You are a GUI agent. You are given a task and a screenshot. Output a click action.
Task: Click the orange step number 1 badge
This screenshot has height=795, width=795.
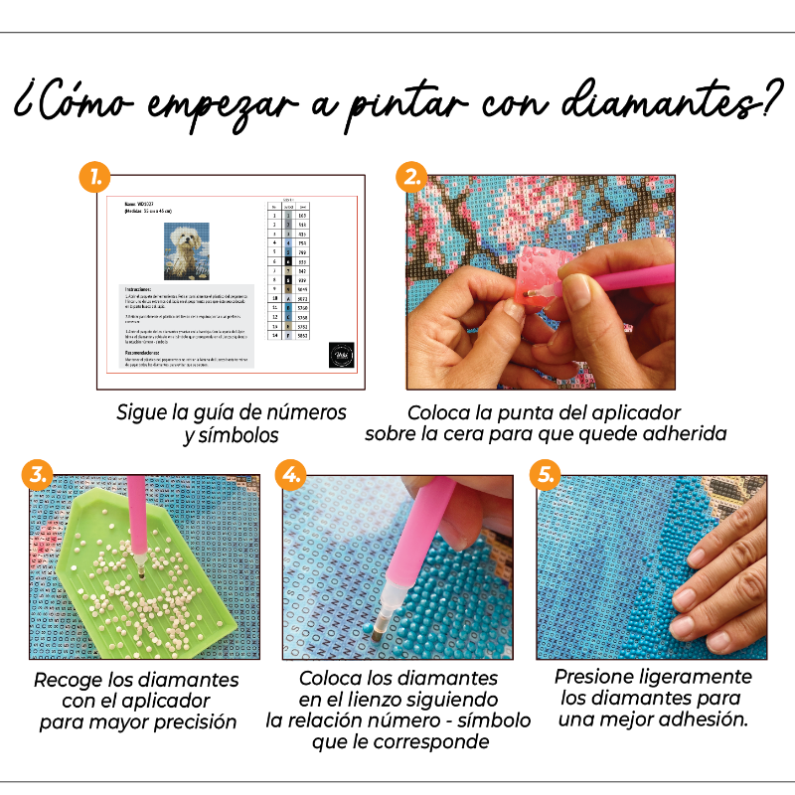(x=93, y=178)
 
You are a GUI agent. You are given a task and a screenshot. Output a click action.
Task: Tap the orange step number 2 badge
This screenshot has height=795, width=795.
(x=411, y=178)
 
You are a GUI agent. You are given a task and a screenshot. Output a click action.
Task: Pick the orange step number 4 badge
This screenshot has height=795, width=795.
(x=290, y=474)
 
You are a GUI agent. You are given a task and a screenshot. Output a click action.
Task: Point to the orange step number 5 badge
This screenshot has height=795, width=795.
(x=546, y=474)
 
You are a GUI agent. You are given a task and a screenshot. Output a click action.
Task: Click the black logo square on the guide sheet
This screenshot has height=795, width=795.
(x=340, y=357)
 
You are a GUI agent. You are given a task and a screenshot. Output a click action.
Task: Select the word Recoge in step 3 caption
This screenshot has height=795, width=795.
(x=68, y=681)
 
